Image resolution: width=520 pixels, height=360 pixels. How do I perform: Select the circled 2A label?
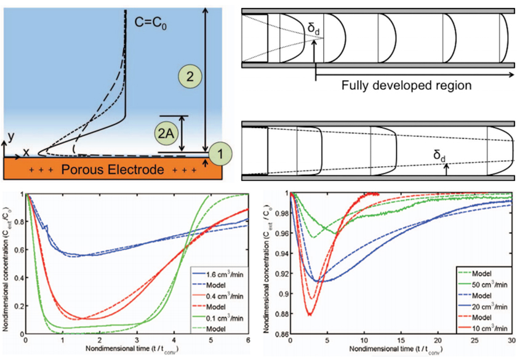[x=165, y=133]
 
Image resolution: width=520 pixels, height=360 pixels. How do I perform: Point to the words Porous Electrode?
[x=103, y=168]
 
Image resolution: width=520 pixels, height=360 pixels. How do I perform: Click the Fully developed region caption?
[x=407, y=85]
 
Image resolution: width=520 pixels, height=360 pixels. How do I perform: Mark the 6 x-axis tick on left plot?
[x=247, y=340]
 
